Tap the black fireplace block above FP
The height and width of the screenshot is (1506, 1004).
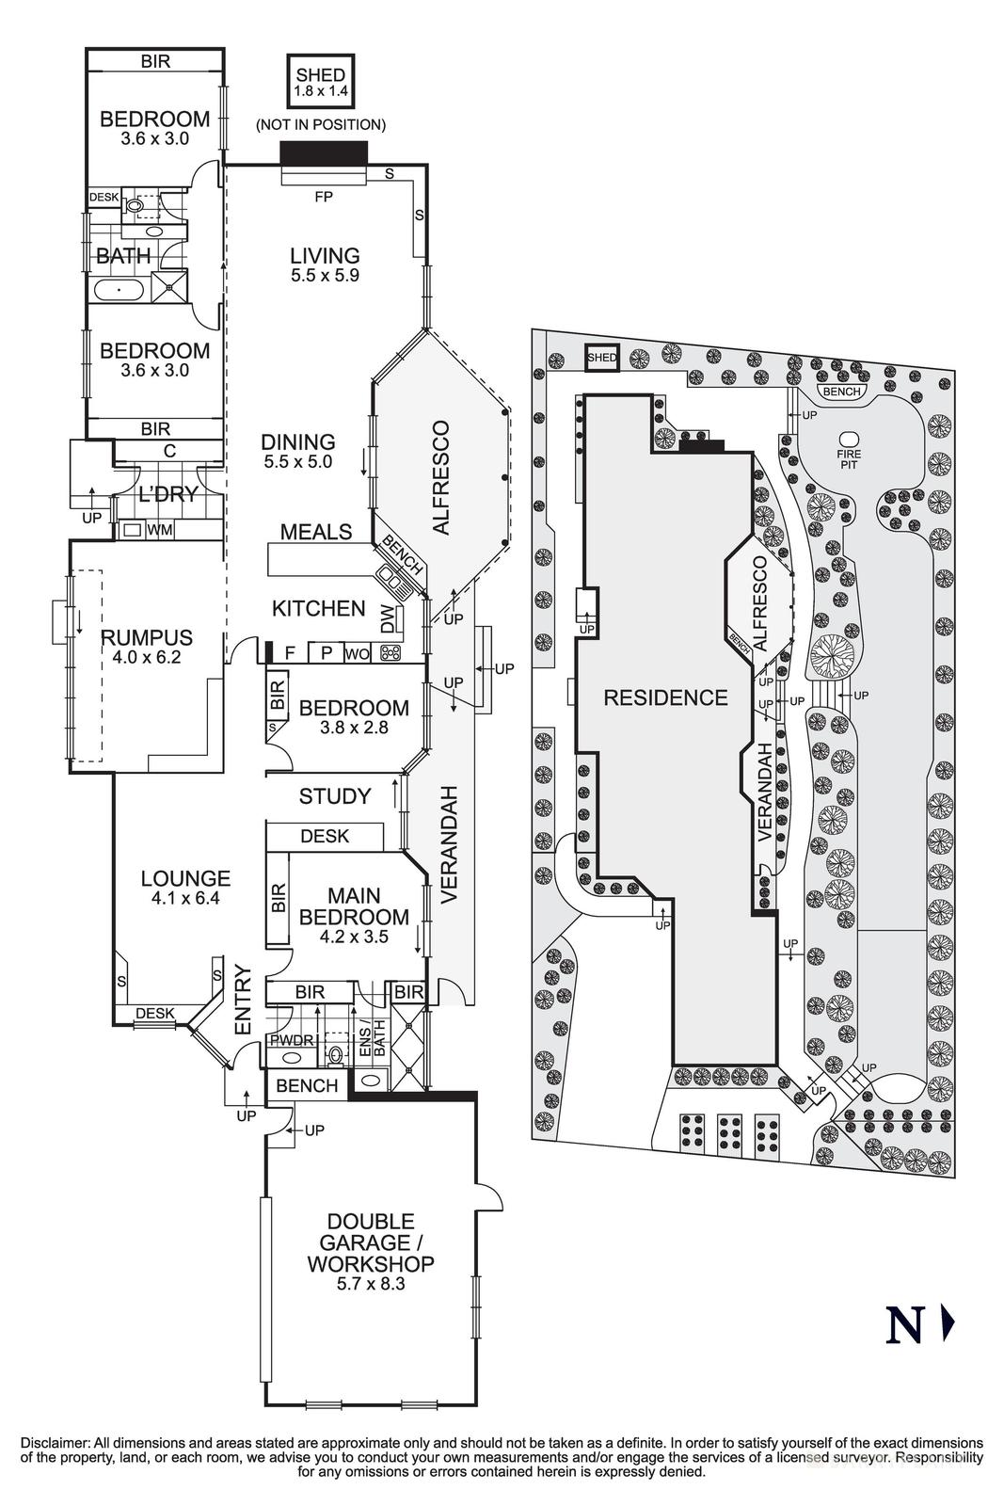[324, 153]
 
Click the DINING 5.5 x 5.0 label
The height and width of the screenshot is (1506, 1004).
[298, 450]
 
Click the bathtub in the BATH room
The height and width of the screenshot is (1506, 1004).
[119, 289]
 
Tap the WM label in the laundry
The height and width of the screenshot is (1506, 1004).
[160, 530]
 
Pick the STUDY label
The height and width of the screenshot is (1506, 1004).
[335, 796]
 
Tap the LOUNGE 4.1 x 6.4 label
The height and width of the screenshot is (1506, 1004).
[185, 887]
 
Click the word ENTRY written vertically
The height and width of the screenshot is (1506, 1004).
[243, 1001]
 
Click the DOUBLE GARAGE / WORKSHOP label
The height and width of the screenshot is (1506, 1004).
[371, 1242]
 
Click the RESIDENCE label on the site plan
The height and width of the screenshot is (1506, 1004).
[665, 697]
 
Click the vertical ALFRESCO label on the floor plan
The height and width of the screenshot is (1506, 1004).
[442, 478]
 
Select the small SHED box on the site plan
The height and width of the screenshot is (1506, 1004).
[602, 357]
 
